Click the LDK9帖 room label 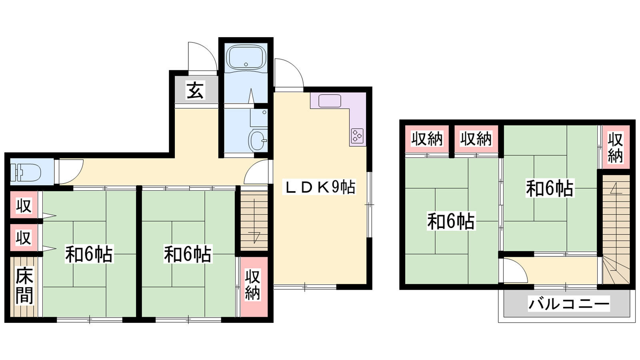point(319,187)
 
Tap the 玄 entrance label point(196,90)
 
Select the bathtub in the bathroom point(246,58)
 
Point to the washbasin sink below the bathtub point(258,140)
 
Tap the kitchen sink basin point(330,101)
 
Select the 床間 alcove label point(24,286)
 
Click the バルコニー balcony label point(569,304)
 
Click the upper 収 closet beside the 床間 point(24,206)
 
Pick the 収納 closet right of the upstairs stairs point(616,147)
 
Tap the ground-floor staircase point(254,221)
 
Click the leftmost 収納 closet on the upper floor point(427,139)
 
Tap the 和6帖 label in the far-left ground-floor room point(89,254)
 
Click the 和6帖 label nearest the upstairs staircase point(550,188)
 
